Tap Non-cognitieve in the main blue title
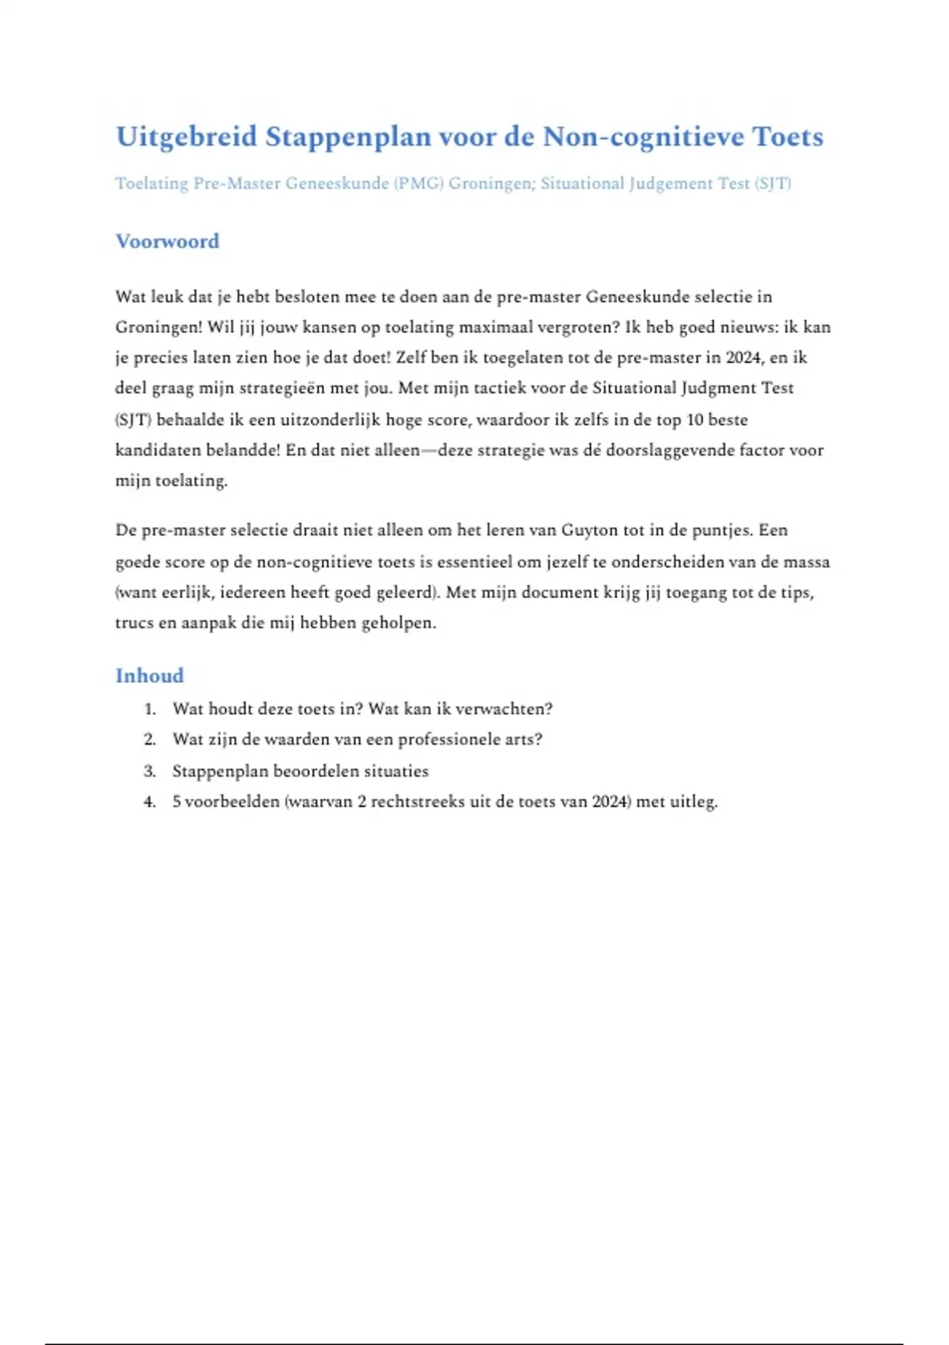[643, 137]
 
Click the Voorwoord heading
[167, 241]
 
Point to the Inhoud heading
[149, 676]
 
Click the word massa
[807, 562]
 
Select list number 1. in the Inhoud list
[150, 709]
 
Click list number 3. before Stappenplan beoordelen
[150, 771]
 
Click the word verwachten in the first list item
[504, 709]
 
